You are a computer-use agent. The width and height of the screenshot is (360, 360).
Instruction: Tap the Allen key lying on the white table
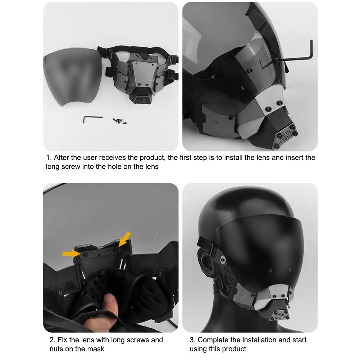92,118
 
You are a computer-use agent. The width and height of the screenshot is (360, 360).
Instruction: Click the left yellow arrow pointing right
70,254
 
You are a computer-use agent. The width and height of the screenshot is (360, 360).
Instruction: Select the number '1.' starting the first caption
49,158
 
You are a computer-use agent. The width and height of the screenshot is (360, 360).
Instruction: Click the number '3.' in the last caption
193,340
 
